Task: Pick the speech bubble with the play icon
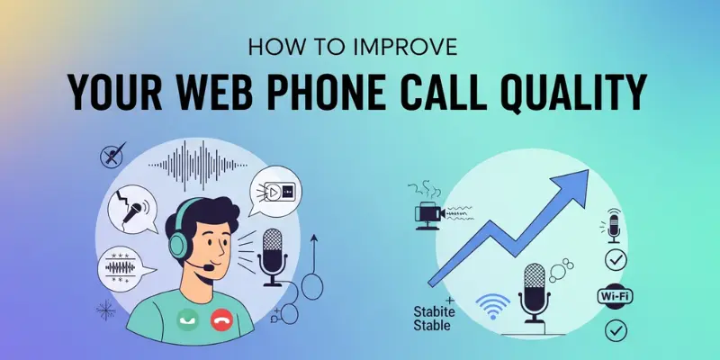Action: (274, 193)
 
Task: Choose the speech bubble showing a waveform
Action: (122, 267)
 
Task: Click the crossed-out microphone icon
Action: (112, 155)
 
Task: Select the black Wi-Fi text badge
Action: (615, 295)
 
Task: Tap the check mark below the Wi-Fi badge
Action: (616, 330)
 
